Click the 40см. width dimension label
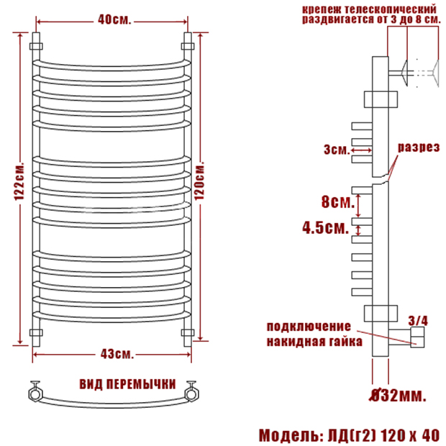coord(114,19)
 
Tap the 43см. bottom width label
coord(117,354)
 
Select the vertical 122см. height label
coord(19,181)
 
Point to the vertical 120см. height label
coord(200,181)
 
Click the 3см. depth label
coord(337,150)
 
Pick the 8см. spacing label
coord(338,201)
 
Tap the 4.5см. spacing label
coord(325,227)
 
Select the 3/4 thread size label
coord(418,321)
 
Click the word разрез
coord(419,147)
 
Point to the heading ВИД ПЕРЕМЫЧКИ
coord(127,384)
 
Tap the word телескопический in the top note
coord(391,9)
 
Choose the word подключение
coord(309,327)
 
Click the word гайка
coord(346,341)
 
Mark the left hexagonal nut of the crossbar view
coord(35,393)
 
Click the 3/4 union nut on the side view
coord(417,337)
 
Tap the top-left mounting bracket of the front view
coord(36,46)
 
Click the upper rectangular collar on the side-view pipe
coord(381,99)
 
